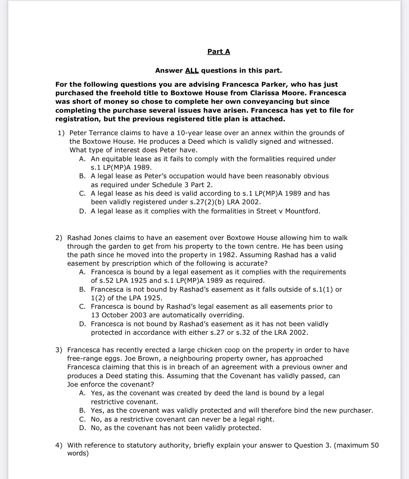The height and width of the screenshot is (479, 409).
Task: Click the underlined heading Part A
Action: pyautogui.click(x=218, y=51)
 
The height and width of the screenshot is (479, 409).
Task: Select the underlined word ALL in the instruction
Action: pyautogui.click(x=192, y=70)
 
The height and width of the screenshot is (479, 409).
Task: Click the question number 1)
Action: pyautogui.click(x=61, y=133)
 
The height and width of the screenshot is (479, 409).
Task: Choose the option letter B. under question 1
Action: pyautogui.click(x=82, y=176)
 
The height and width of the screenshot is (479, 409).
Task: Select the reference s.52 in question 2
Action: pyautogui.click(x=107, y=281)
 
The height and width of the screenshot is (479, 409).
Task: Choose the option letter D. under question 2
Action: pyautogui.click(x=82, y=324)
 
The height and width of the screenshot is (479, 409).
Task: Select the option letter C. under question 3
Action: pyautogui.click(x=82, y=419)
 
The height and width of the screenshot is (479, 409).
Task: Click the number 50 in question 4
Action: pyautogui.click(x=374, y=445)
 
